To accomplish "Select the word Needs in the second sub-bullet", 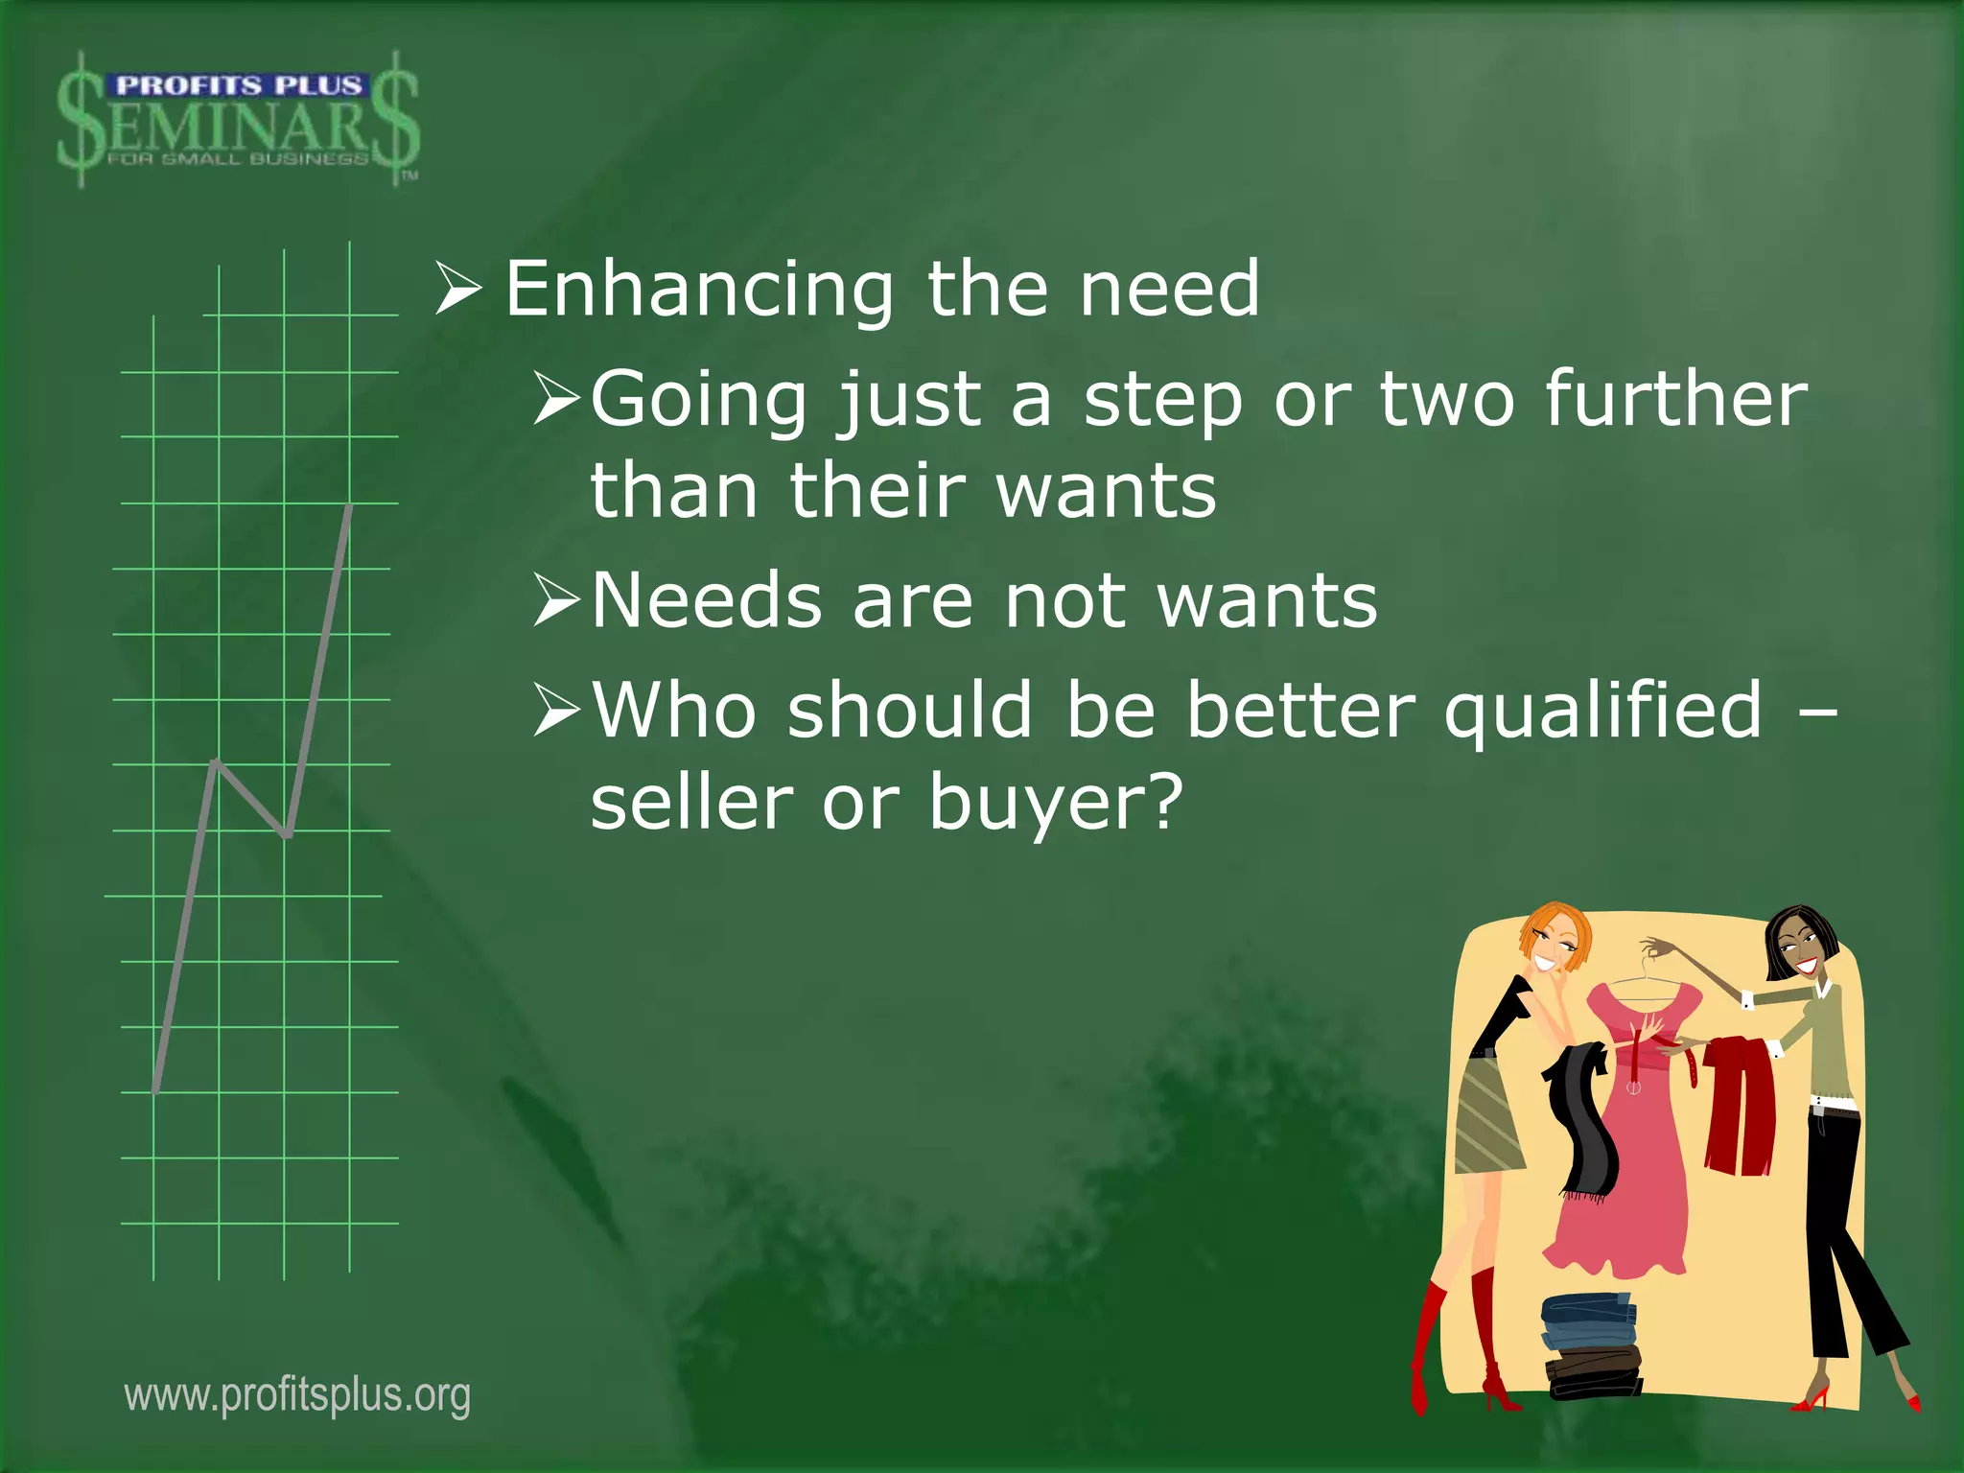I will (707, 601).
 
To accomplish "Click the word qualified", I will (1603, 711).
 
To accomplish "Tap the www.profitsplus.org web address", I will (297, 1395).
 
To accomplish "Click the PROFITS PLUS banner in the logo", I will (238, 85).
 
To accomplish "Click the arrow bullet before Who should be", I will (557, 711).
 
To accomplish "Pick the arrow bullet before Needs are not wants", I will (557, 601).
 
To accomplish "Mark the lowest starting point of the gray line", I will (155, 1089).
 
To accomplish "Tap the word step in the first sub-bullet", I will (1162, 401).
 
